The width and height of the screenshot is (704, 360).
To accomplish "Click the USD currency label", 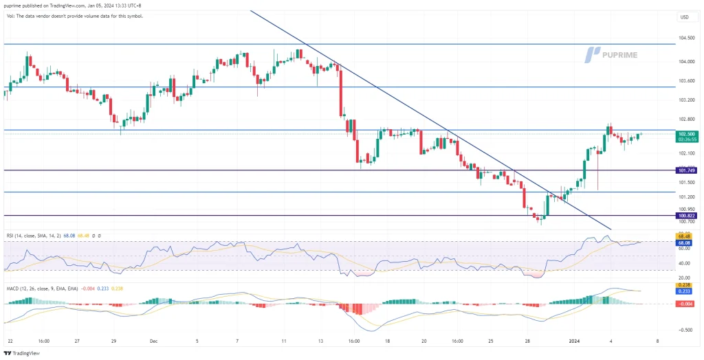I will [684, 16].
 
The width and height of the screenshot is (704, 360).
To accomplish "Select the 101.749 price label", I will [686, 170].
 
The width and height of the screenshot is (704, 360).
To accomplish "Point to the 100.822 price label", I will [686, 215].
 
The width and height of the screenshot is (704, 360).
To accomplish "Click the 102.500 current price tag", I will [686, 134].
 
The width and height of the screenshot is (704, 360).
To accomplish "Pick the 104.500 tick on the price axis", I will [686, 38].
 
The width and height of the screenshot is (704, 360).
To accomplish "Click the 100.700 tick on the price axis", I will [686, 221].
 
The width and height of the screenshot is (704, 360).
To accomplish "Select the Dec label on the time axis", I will [155, 340].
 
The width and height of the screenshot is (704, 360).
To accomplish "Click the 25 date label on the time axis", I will [492, 340].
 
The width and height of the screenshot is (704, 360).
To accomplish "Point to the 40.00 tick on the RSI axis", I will [685, 263].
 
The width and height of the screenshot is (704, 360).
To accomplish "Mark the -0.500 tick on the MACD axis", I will [685, 329].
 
